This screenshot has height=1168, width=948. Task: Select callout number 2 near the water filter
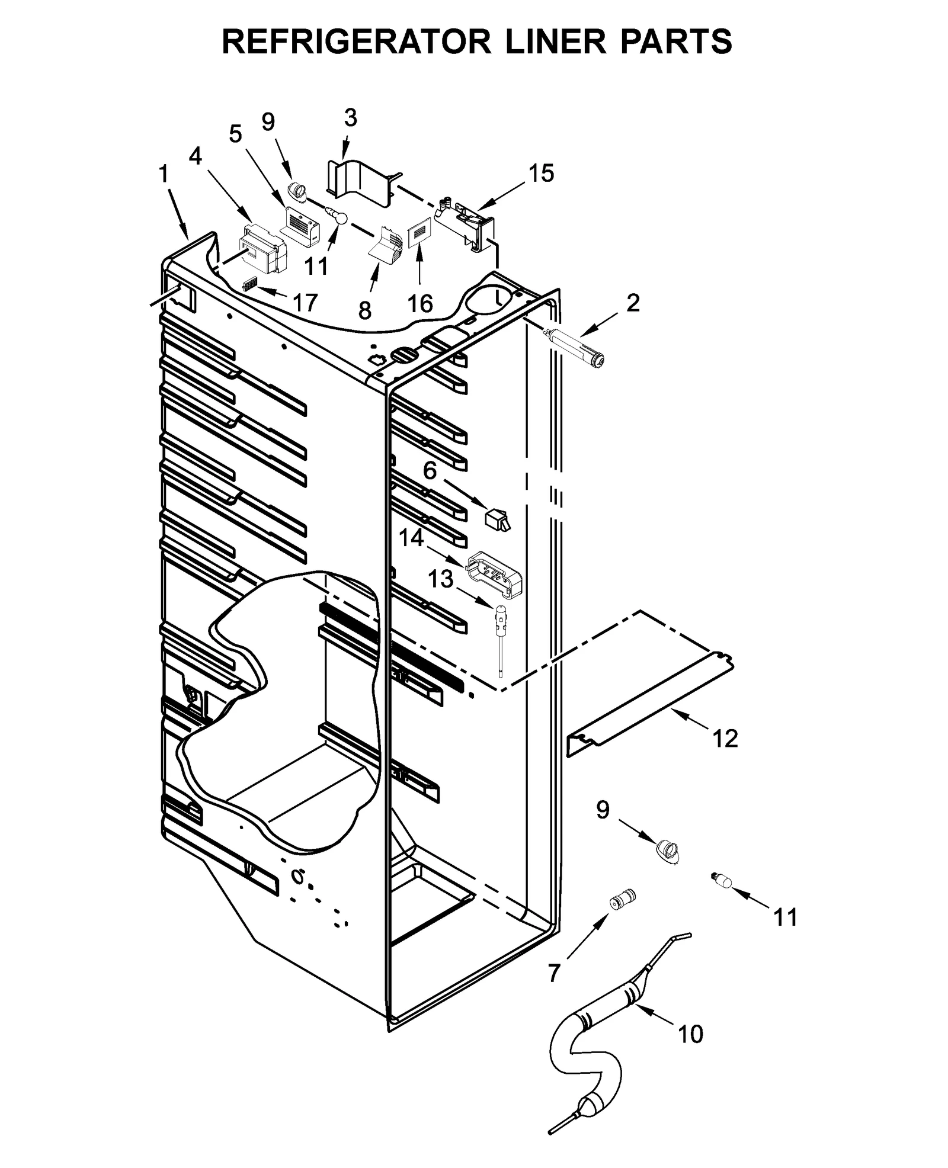(x=633, y=304)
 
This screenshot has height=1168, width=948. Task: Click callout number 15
(x=541, y=174)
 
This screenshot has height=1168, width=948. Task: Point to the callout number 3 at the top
(x=351, y=118)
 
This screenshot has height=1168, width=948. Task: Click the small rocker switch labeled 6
(x=497, y=519)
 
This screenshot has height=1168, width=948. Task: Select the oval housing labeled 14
(x=496, y=575)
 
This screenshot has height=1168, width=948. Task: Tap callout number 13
(x=440, y=579)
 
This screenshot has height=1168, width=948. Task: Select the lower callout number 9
(x=603, y=810)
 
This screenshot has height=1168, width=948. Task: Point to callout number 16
(x=419, y=304)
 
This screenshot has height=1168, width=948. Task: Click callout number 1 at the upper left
(x=164, y=175)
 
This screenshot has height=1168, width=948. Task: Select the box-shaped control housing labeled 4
(x=262, y=249)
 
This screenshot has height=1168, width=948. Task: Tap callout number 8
(x=365, y=309)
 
